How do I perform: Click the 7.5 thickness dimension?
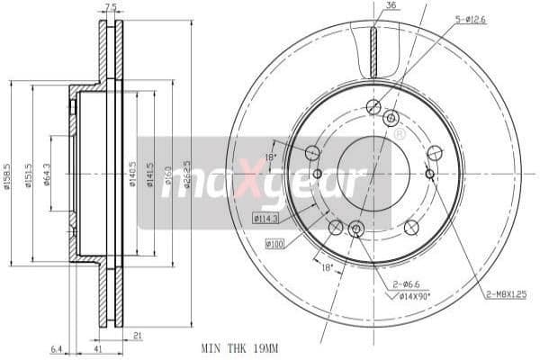pyautogui.click(x=111, y=7)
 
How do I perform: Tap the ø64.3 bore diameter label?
pyautogui.click(x=47, y=173)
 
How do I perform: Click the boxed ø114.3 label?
pyautogui.click(x=267, y=218)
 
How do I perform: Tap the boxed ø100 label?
pyautogui.click(x=275, y=243)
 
